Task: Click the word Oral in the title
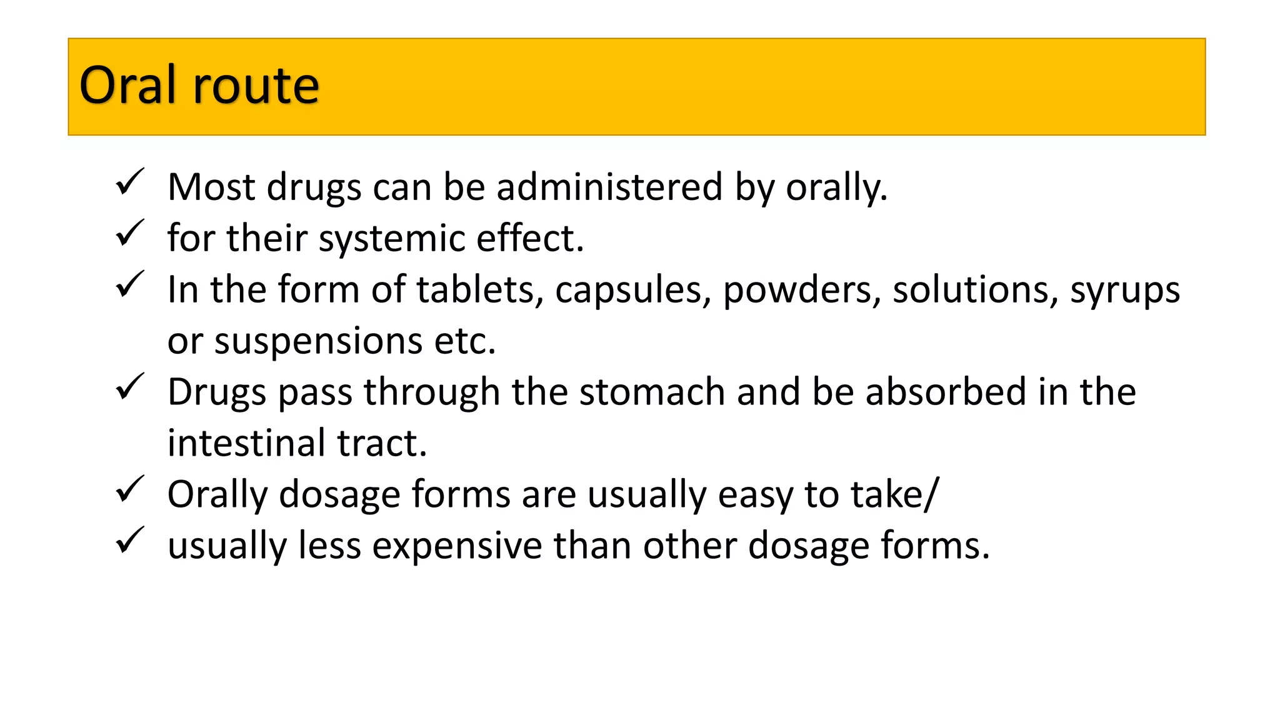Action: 127,86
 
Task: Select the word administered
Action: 609,187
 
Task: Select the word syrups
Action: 1124,291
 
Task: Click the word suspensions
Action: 318,342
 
